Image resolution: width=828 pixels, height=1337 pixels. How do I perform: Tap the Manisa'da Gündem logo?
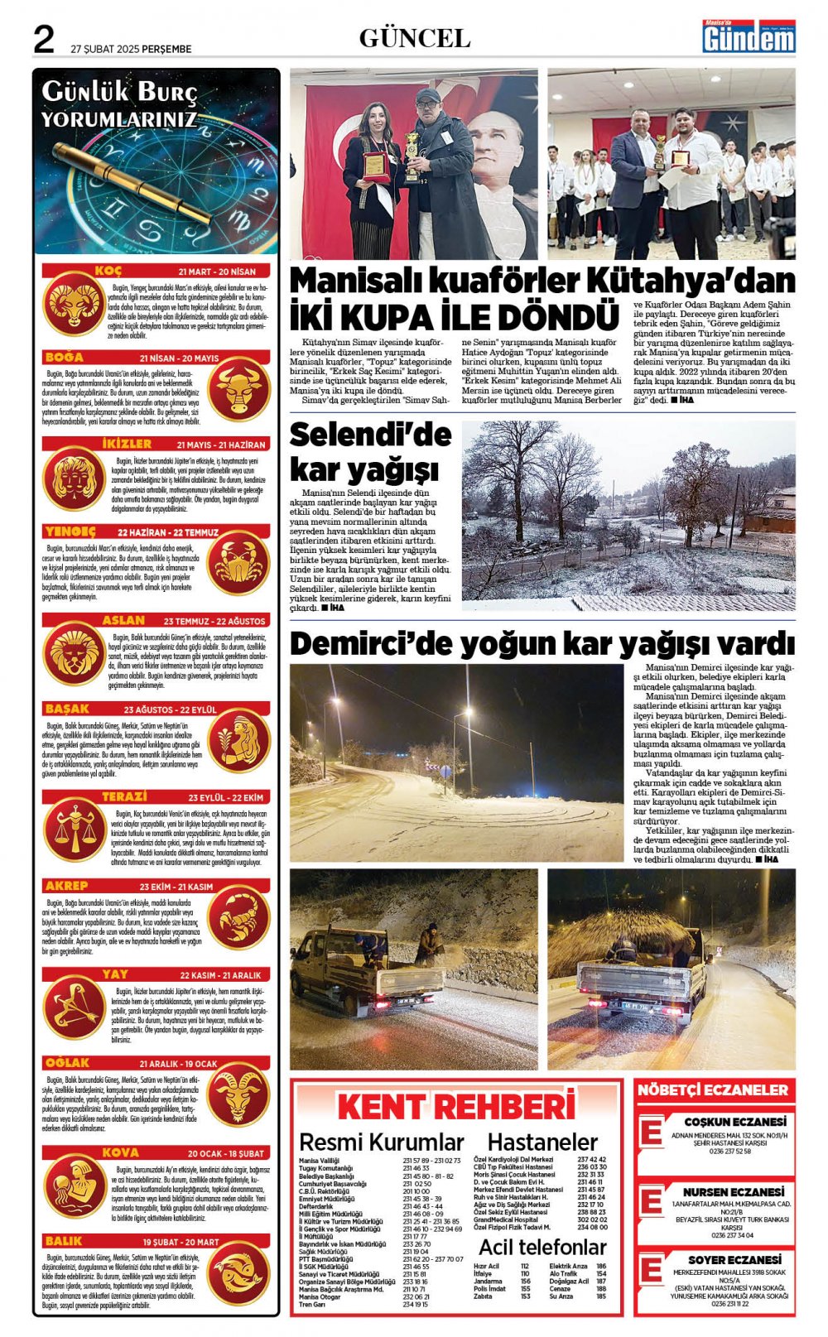[749, 36]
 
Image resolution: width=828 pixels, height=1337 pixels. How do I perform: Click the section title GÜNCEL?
[414, 38]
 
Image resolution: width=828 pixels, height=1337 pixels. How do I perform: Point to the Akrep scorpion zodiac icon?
[238, 919]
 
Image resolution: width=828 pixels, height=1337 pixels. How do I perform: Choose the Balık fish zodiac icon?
[238, 1276]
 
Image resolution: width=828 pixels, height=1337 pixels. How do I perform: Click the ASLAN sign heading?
[123, 620]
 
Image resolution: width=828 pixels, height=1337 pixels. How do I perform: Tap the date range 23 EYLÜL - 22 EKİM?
[225, 797]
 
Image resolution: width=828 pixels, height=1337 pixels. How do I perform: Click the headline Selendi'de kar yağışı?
[370, 452]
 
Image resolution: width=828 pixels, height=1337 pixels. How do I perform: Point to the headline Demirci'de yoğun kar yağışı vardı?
[542, 643]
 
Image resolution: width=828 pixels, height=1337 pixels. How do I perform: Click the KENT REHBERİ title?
[455, 1107]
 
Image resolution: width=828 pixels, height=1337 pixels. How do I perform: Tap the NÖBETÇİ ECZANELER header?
[713, 1090]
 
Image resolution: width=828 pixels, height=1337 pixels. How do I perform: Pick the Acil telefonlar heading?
[542, 1247]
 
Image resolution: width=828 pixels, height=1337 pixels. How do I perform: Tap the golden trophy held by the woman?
[412, 155]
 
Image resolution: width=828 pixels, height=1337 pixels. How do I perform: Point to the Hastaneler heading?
[542, 1142]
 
